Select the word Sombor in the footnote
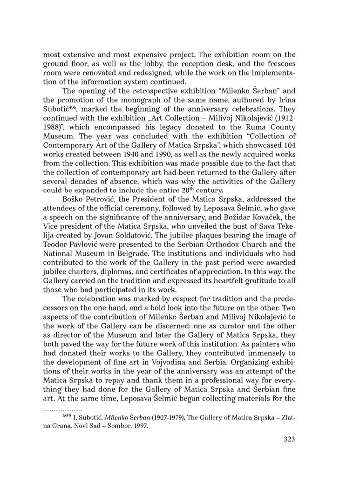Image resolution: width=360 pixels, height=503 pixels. click(x=112, y=425)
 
